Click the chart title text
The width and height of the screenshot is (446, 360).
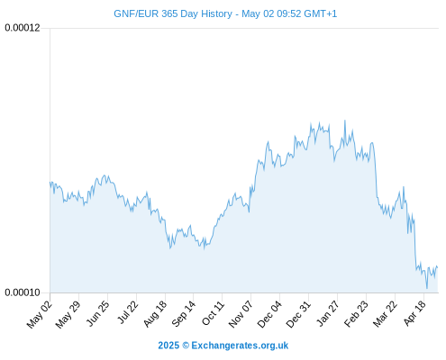pos(225,13)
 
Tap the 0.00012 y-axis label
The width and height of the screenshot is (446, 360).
pos(23,28)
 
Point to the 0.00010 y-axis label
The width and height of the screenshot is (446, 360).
pos(23,292)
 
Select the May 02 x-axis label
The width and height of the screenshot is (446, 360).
pos(40,315)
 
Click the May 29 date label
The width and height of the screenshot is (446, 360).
pos(68,315)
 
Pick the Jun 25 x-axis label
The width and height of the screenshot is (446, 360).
pos(97,314)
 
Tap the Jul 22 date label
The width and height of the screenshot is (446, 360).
pos(127,312)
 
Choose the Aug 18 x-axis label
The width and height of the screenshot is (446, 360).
pos(155,314)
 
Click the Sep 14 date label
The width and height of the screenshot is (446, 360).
pos(183,314)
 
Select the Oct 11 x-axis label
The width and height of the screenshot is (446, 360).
pos(213,313)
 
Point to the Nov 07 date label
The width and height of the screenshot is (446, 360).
pos(241,314)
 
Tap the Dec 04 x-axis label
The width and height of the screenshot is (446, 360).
pos(269,314)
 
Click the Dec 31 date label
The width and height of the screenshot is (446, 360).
pos(298,314)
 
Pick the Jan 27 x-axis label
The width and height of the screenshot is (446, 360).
pos(328,314)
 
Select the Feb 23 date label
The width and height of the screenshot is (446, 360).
pos(356,314)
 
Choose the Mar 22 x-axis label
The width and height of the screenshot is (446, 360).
pos(385,314)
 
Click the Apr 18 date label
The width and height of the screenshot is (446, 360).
pos(414,313)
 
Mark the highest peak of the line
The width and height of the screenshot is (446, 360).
pos(345,121)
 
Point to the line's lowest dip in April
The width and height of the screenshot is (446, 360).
pos(427,289)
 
